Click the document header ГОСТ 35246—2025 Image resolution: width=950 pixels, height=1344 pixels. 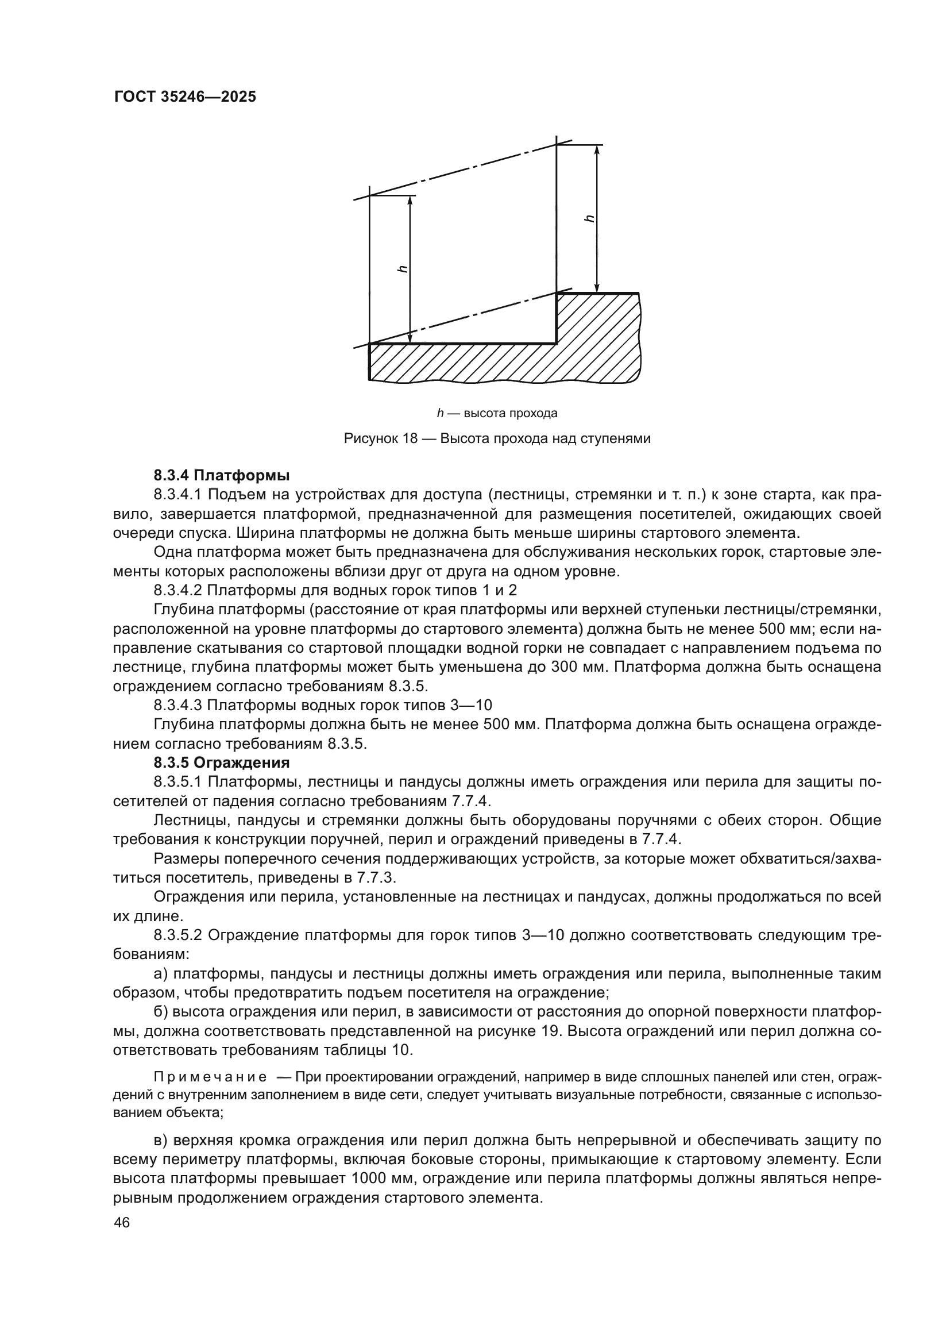click(x=185, y=97)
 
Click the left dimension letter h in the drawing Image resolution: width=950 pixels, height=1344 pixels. click(x=402, y=269)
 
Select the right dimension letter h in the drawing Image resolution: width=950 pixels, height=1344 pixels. click(x=589, y=218)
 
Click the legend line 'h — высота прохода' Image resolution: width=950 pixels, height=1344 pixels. click(x=497, y=413)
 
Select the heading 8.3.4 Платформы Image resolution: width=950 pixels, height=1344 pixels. click(x=222, y=475)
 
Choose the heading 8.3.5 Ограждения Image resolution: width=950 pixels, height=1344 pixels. click(x=222, y=763)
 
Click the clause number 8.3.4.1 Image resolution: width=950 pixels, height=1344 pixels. click(x=178, y=495)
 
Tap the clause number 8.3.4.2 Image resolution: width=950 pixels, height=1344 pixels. click(x=178, y=590)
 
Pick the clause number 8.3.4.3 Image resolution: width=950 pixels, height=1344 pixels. click(x=178, y=706)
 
